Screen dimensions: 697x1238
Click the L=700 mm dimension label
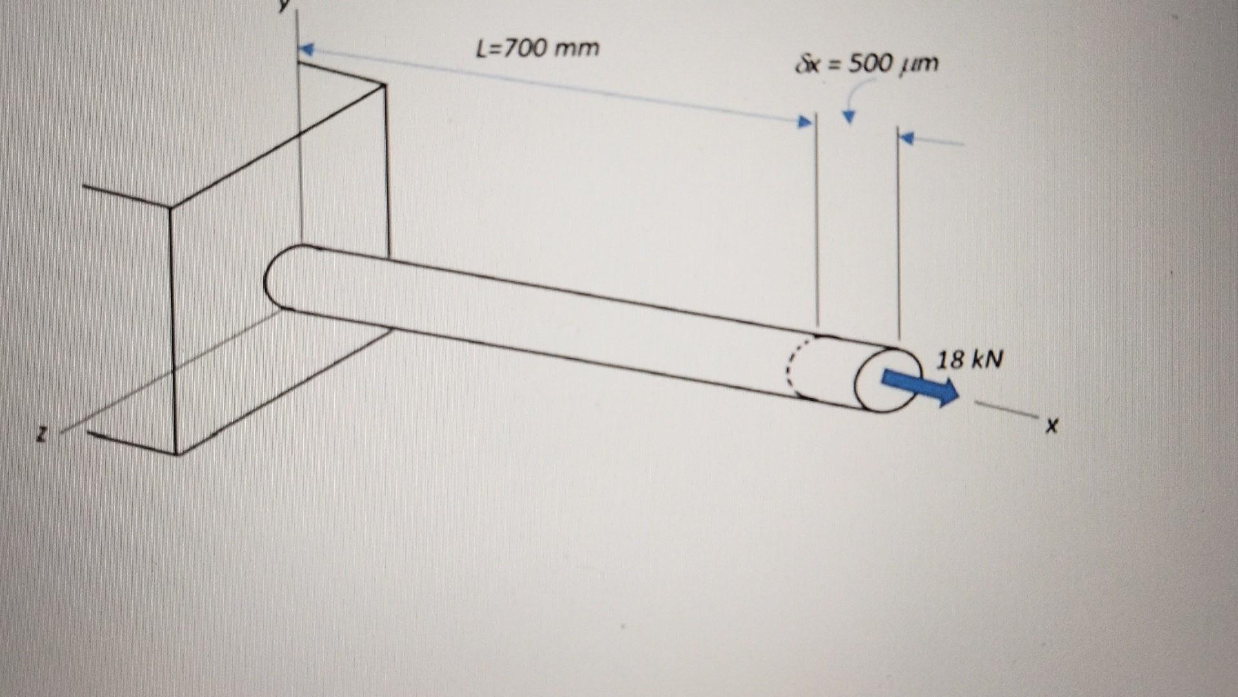(537, 48)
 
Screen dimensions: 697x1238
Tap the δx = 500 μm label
(868, 63)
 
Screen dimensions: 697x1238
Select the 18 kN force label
(970, 359)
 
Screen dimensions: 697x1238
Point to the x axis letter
(1052, 425)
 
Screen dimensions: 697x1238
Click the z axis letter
(41, 436)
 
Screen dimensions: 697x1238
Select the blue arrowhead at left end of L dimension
(305, 49)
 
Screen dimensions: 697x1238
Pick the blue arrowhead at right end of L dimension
(804, 121)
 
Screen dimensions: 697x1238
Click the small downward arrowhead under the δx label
(849, 117)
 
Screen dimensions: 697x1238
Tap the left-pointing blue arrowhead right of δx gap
(907, 137)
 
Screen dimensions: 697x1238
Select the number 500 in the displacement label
(868, 63)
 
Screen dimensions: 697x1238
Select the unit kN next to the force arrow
(988, 359)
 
